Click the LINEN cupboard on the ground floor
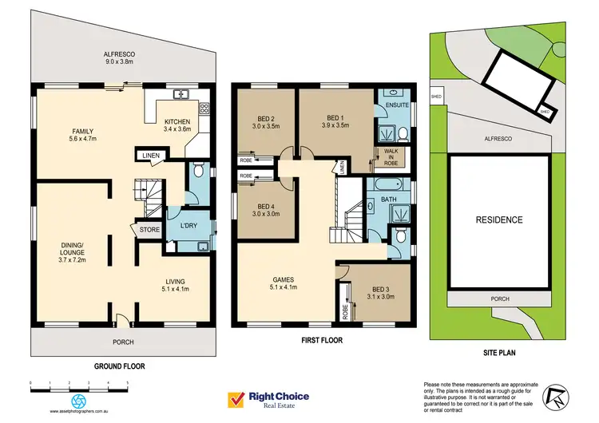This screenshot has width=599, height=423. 150,155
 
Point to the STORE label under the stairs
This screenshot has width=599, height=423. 149,230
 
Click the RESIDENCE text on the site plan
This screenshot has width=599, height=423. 499,219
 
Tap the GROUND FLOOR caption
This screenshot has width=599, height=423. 122,366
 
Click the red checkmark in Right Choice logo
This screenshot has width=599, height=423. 236,396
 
